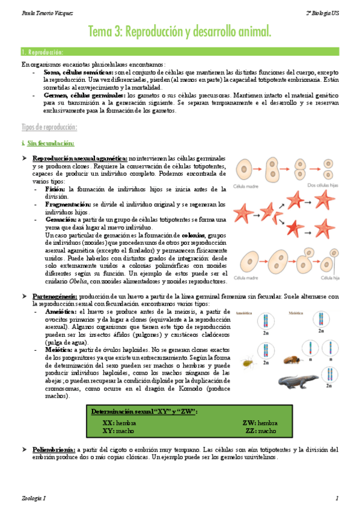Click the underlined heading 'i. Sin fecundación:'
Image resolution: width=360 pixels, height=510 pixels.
(x=47, y=143)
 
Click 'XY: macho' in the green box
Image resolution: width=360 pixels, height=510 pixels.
(x=118, y=431)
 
